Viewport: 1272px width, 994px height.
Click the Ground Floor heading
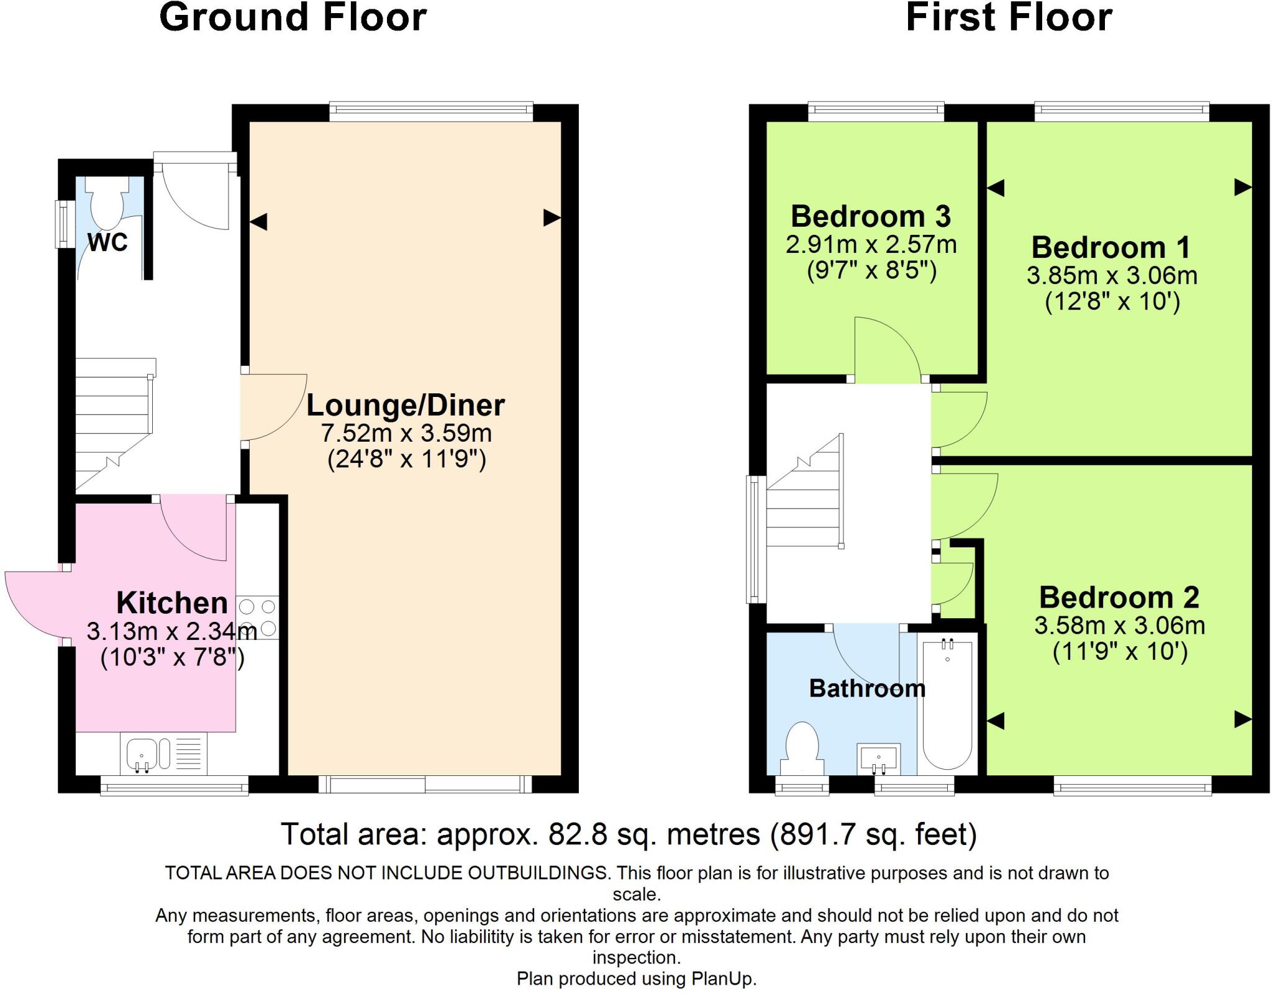coord(293,17)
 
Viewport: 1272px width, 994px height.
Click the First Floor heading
coord(1009,17)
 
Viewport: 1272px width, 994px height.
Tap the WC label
coord(107,242)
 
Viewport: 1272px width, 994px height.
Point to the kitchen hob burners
coord(258,617)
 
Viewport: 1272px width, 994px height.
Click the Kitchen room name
coord(172,603)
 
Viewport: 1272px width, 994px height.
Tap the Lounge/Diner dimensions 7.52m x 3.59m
coord(406,432)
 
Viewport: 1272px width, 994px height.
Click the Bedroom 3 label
coord(870,216)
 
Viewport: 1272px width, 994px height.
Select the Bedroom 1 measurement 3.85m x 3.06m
coord(1112,275)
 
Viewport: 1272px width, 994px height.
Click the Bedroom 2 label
coord(1119,597)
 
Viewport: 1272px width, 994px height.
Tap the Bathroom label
coord(867,688)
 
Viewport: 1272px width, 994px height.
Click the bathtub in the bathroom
coord(947,704)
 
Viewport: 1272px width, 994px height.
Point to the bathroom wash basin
coord(878,759)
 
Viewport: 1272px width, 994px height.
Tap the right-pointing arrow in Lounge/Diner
coord(552,217)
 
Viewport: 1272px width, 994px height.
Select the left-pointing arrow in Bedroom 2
coord(996,721)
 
